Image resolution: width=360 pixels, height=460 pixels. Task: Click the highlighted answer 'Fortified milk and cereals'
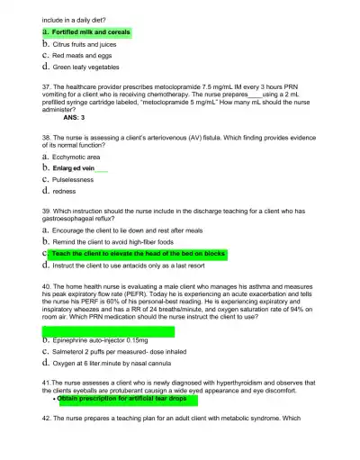90,32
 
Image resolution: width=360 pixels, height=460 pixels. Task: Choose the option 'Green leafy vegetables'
85,67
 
